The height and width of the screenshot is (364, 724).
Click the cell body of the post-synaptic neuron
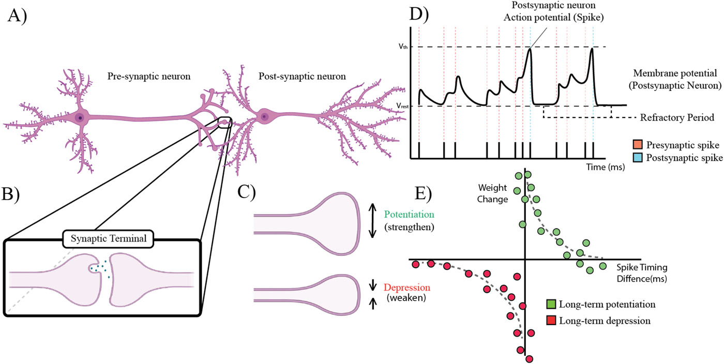coord(264,116)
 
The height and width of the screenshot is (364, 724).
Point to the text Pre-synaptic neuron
coord(149,77)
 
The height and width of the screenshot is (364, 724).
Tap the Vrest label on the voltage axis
coord(403,105)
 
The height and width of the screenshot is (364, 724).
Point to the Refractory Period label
coord(677,117)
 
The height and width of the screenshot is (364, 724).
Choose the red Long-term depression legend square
coord(551,320)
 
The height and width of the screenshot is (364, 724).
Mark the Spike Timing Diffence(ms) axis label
coord(642,274)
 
